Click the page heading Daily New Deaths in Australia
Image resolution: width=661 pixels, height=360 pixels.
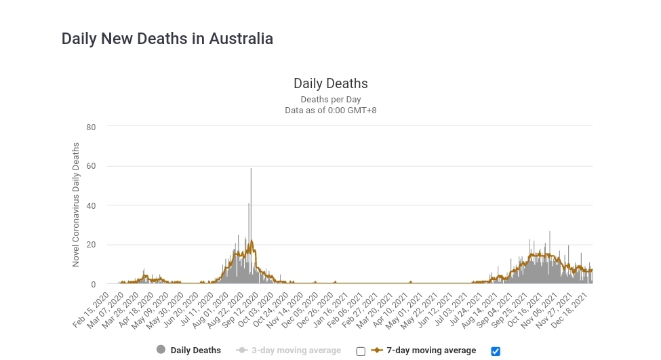[167, 39]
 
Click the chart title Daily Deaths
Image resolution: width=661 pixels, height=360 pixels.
[330, 83]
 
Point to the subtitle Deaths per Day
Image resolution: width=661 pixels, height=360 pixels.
[330, 99]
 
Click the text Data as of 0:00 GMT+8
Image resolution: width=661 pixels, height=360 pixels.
[330, 110]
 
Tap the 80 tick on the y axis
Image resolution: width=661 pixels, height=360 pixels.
[91, 127]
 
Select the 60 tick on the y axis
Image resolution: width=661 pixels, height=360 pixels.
[91, 166]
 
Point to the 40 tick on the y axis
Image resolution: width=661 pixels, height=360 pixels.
[91, 205]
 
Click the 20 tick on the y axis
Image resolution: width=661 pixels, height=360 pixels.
[91, 245]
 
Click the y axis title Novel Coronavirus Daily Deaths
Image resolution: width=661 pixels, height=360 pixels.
[76, 204]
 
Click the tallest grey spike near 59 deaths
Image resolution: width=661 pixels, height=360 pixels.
[251, 171]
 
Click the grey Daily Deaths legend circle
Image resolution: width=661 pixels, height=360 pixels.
[161, 350]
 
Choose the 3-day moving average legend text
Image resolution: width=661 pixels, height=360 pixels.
[296, 351]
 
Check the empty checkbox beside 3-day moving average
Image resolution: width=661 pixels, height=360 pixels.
[361, 351]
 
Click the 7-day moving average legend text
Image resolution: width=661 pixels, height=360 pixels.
[431, 351]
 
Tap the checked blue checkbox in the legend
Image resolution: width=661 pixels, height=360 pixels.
[496, 351]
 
